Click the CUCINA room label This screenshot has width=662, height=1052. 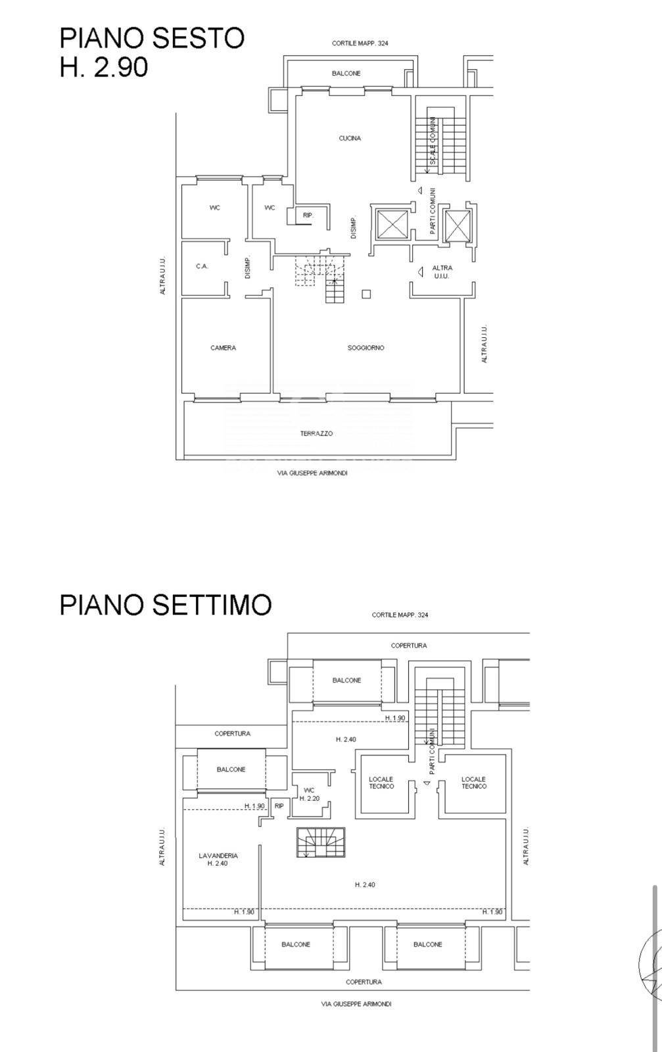pyautogui.click(x=350, y=138)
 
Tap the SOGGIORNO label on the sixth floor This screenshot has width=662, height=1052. pyautogui.click(x=366, y=348)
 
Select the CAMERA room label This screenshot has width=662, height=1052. pyautogui.click(x=223, y=348)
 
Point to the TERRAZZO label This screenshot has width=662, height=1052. pyautogui.click(x=316, y=433)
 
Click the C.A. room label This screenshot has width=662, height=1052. pyautogui.click(x=202, y=266)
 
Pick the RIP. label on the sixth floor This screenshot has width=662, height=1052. pyautogui.click(x=307, y=215)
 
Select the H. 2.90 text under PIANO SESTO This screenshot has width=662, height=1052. pyautogui.click(x=103, y=67)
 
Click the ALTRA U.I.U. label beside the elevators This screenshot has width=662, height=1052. pyautogui.click(x=442, y=272)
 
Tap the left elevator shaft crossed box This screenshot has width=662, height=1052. pyautogui.click(x=392, y=225)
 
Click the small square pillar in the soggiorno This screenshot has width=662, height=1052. pyautogui.click(x=366, y=294)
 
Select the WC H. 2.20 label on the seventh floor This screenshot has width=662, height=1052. pyautogui.click(x=309, y=794)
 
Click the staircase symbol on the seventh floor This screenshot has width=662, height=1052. pyautogui.click(x=319, y=842)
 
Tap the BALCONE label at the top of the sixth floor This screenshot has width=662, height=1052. pyautogui.click(x=346, y=74)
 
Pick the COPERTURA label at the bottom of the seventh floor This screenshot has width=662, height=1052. pyautogui.click(x=364, y=982)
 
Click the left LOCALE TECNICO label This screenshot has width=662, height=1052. pyautogui.click(x=381, y=782)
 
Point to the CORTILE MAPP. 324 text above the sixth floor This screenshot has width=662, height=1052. pyautogui.click(x=360, y=43)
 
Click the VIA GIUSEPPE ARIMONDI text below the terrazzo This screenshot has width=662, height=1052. pyautogui.click(x=312, y=473)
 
